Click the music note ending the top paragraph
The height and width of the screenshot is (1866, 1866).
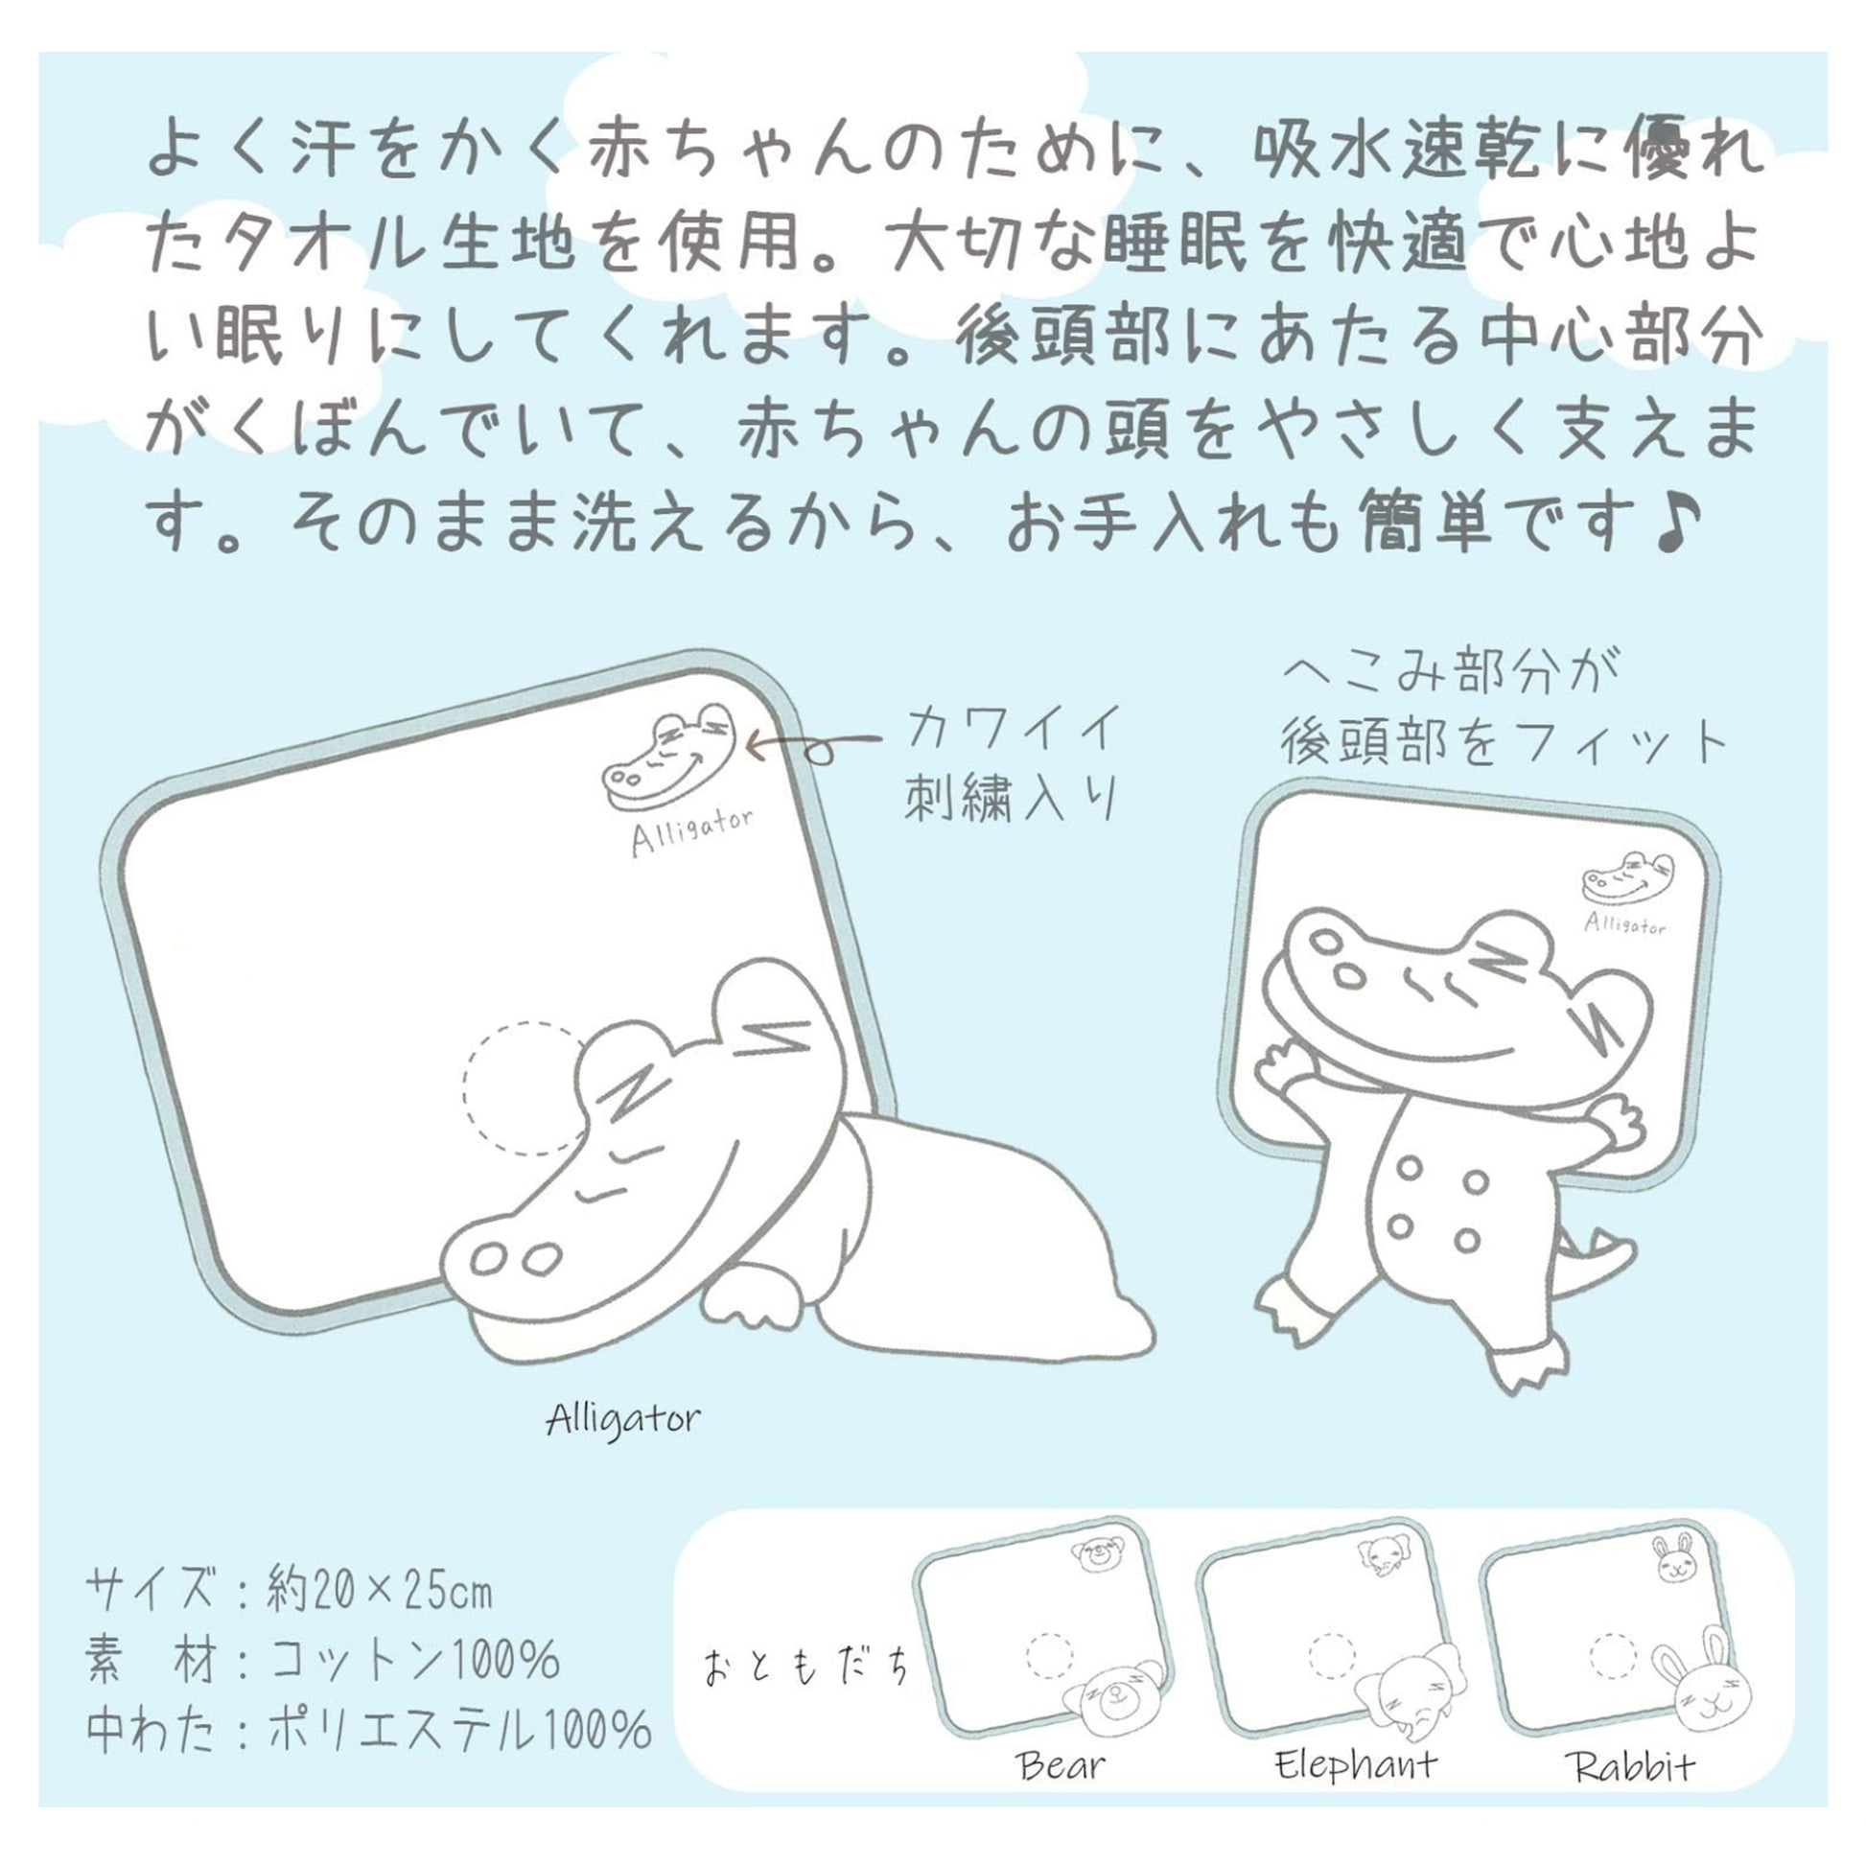click(x=1677, y=525)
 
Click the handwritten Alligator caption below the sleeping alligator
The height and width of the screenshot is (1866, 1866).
click(x=623, y=1420)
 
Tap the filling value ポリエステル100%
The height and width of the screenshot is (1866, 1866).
click(x=458, y=1730)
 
